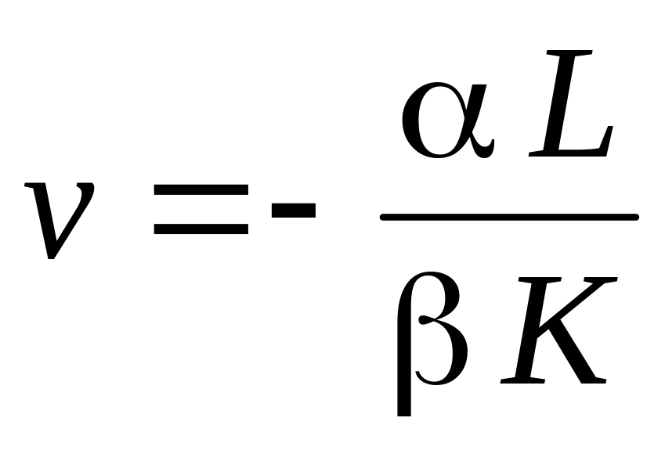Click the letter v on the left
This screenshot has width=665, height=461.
coord(59,219)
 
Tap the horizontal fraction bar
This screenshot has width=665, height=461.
coord(509,217)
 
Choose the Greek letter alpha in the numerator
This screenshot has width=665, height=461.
coord(446,117)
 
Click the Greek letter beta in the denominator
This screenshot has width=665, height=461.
coord(431,337)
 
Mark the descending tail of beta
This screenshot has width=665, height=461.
coord(404,391)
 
